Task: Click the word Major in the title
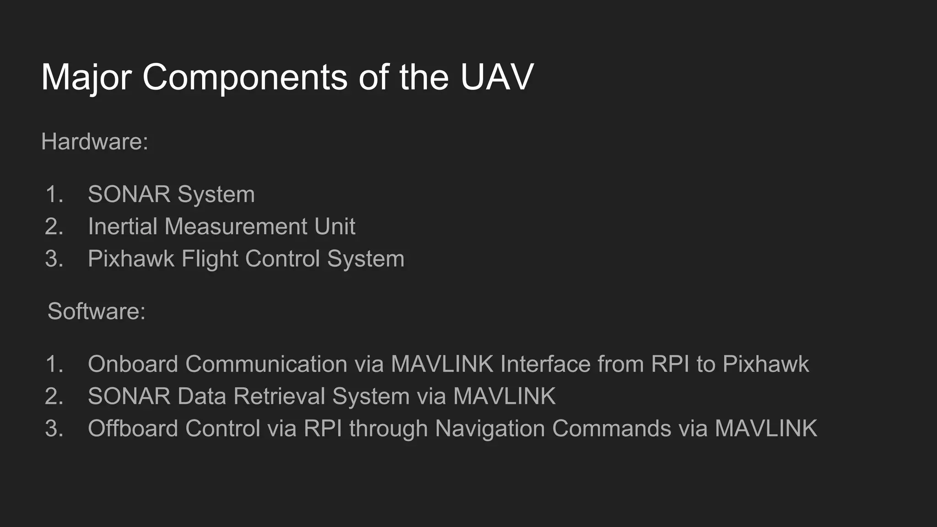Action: point(86,77)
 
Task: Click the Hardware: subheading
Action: point(95,141)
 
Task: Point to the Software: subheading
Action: point(97,312)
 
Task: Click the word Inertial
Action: point(122,226)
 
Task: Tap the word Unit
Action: point(334,226)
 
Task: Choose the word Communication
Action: point(266,364)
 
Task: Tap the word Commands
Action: point(611,429)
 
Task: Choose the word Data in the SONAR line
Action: point(202,396)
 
